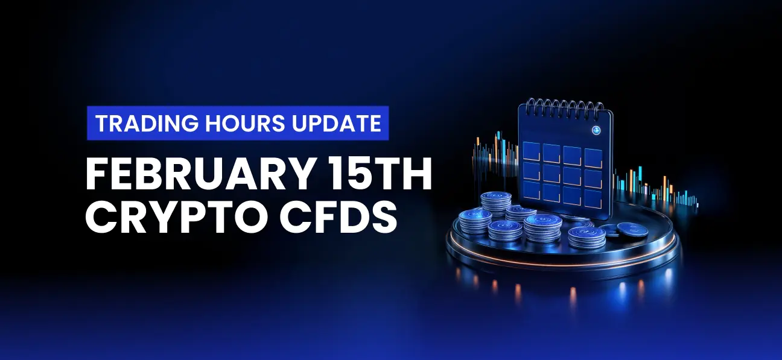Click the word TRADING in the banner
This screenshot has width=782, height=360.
(147, 123)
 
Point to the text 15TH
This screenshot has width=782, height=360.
(377, 174)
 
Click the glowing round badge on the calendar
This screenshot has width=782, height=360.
(596, 130)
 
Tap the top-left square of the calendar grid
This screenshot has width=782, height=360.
(532, 151)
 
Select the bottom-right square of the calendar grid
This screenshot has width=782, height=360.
(593, 199)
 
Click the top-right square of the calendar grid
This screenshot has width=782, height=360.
(594, 158)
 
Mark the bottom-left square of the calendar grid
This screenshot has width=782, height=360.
(531, 191)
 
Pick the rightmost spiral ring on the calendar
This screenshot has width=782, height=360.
(599, 109)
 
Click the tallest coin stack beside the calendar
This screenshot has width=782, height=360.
(496, 204)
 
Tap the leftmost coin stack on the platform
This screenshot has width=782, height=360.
(475, 221)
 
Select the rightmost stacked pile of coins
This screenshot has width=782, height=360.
(587, 237)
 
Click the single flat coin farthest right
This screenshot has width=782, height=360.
(632, 230)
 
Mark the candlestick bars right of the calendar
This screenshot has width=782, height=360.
(656, 188)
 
